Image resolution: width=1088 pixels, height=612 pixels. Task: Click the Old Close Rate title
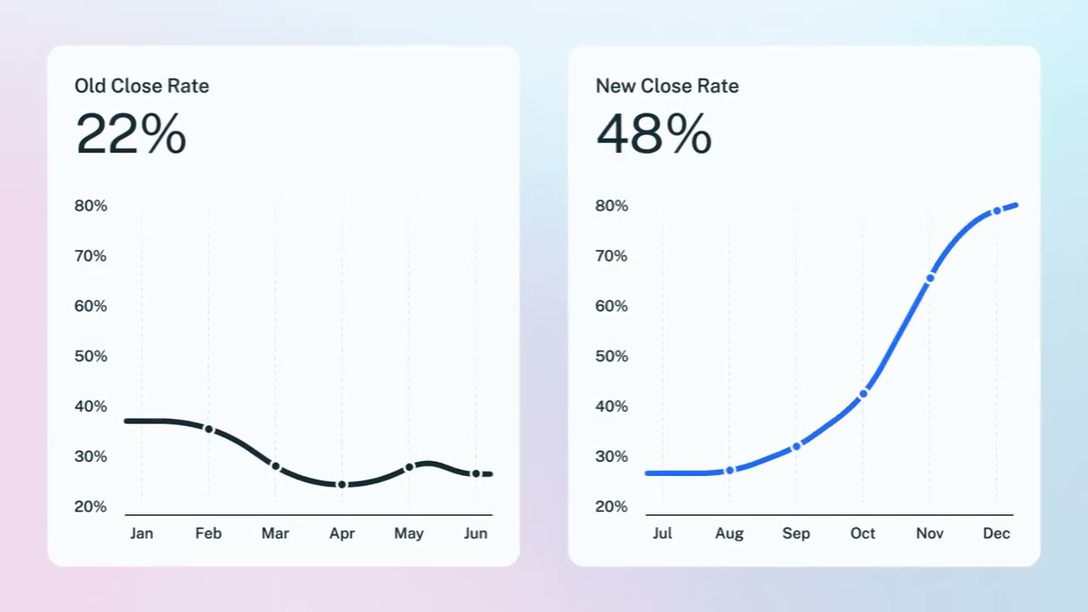[141, 86]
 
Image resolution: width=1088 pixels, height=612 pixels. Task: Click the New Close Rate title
[666, 86]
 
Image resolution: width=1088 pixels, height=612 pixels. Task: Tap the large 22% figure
[130, 134]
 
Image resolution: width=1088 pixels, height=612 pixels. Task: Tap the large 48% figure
[653, 134]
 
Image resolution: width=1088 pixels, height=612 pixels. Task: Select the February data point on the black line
[208, 429]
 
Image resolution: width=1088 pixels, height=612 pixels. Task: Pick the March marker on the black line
[275, 466]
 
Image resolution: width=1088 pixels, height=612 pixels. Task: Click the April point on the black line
[342, 484]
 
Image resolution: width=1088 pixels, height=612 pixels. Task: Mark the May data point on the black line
[409, 467]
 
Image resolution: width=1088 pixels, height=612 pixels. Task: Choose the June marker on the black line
[476, 473]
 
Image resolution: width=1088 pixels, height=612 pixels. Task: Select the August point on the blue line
[729, 470]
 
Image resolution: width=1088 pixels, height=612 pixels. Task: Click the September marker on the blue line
[796, 446]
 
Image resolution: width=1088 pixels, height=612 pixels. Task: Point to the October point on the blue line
[863, 394]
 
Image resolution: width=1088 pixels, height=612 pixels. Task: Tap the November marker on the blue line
[930, 278]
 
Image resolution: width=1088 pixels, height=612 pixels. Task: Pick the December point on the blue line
[996, 212]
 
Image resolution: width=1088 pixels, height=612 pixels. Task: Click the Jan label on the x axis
[141, 534]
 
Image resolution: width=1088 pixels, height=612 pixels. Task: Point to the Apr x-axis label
[342, 534]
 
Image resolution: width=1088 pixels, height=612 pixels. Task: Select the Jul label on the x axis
[662, 534]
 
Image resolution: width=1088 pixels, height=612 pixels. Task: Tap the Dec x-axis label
[996, 534]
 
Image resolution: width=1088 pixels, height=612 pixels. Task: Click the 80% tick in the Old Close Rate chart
[91, 206]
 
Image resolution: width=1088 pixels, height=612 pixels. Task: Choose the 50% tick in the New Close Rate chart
[612, 356]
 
